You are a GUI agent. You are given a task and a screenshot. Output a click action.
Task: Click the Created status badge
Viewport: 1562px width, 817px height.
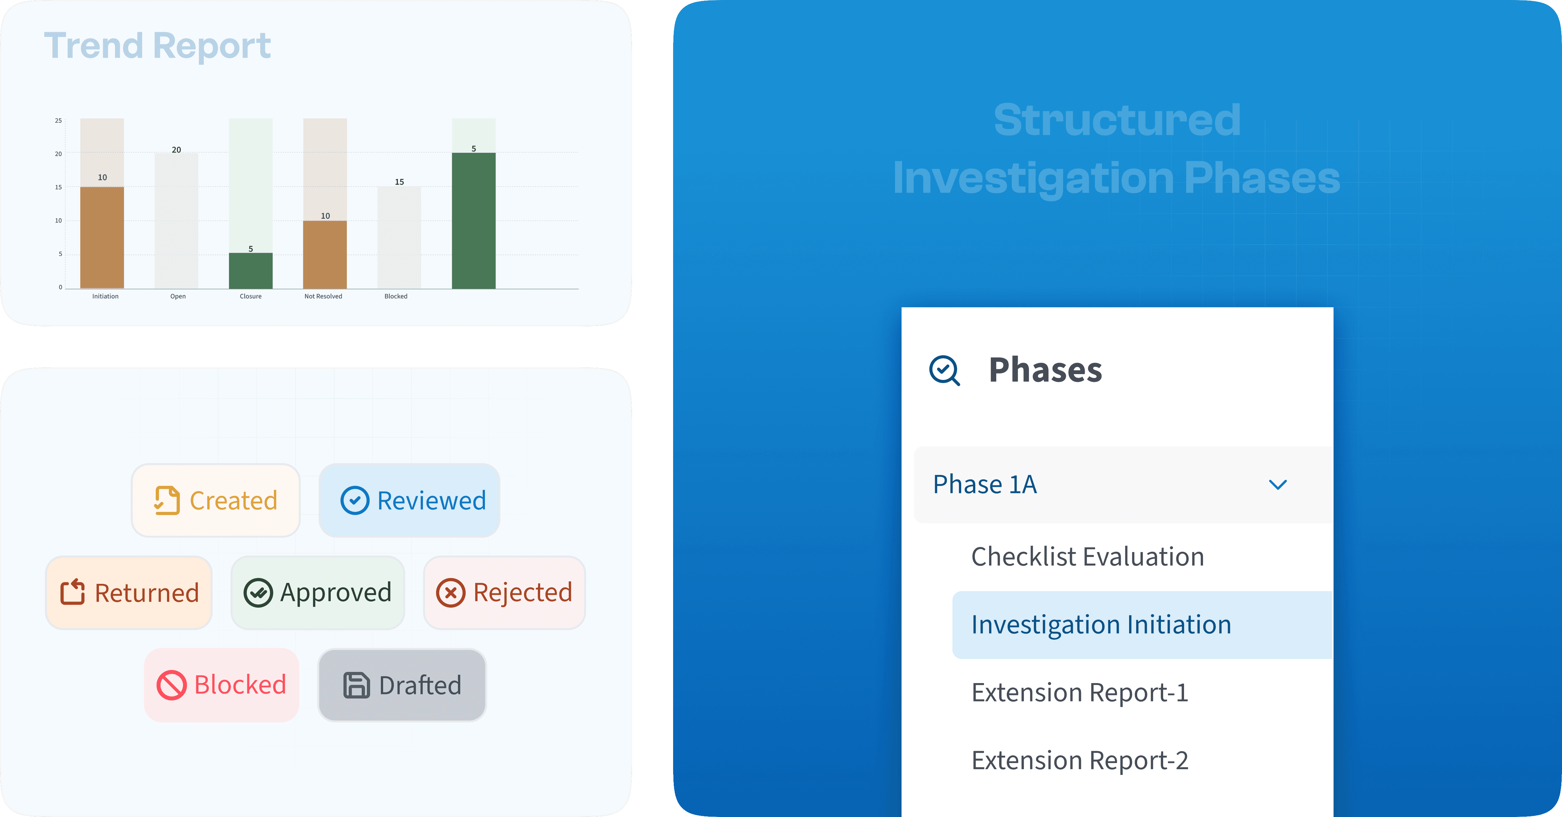pyautogui.click(x=216, y=500)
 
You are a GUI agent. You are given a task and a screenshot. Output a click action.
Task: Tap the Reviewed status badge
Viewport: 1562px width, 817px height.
pyautogui.click(x=410, y=500)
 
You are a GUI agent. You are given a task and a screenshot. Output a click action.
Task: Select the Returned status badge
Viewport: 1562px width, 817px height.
pyautogui.click(x=129, y=593)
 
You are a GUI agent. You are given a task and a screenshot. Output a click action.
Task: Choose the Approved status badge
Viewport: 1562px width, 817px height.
pyautogui.click(x=318, y=593)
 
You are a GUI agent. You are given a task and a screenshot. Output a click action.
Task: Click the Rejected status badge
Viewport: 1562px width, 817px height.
pyautogui.click(x=505, y=593)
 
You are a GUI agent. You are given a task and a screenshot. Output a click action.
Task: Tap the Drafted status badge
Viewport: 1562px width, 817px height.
pyautogui.click(x=402, y=685)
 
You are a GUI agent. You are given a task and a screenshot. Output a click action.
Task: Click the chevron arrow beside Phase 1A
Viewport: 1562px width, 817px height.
pyautogui.click(x=1277, y=485)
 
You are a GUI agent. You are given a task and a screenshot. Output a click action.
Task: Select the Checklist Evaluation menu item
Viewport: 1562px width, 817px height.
pyautogui.click(x=1087, y=557)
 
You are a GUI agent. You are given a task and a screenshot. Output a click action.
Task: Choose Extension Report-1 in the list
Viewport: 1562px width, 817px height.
pyautogui.click(x=1079, y=693)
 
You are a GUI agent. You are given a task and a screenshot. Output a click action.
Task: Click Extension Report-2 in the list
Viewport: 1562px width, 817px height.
pyautogui.click(x=1079, y=760)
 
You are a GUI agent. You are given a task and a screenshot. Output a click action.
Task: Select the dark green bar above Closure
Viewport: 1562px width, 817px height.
pyautogui.click(x=250, y=270)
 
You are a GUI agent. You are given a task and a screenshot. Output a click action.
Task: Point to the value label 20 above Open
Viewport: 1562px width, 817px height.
pyautogui.click(x=176, y=150)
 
